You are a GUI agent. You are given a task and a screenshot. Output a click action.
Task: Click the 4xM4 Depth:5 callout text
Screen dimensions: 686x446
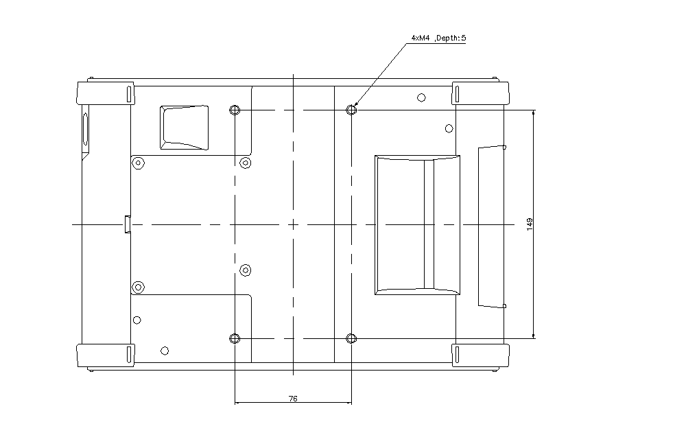pos(438,38)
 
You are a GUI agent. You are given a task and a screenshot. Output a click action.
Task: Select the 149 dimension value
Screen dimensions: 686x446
pos(530,224)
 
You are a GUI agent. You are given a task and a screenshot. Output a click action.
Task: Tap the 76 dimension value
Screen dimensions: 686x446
pos(293,399)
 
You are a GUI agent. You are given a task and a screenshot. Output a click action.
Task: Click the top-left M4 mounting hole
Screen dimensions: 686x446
pos(235,110)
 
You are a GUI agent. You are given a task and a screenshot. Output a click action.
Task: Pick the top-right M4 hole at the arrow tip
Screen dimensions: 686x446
pos(351,110)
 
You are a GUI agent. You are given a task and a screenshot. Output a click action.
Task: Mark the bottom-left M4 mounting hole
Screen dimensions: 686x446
pos(235,338)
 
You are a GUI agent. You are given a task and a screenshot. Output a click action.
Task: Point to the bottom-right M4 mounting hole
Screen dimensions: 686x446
pos(351,338)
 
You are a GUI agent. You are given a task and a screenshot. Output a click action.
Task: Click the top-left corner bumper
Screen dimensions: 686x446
pos(106,93)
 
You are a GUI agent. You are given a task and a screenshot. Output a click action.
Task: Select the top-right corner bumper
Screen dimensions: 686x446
pos(480,93)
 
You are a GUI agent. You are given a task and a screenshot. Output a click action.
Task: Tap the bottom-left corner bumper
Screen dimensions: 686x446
pos(106,355)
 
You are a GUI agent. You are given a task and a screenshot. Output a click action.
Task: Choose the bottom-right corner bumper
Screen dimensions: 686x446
pos(480,355)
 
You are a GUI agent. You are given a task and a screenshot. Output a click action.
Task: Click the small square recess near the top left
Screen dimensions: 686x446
pos(184,128)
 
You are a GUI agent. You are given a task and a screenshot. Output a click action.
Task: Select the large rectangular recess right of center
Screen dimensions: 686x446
pos(417,225)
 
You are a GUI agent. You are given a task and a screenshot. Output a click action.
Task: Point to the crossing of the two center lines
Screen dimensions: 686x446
pos(293,224)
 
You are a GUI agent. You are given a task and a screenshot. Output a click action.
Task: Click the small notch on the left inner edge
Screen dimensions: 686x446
pos(128,224)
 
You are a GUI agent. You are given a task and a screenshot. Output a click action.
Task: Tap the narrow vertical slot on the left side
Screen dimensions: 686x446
pos(85,129)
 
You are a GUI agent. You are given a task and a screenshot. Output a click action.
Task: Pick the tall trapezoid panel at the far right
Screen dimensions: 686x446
pos(492,226)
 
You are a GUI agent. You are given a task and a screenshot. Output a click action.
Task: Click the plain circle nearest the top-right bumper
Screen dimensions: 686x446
pos(421,97)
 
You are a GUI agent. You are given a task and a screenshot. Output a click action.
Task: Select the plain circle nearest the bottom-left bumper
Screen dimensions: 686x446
pos(165,351)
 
